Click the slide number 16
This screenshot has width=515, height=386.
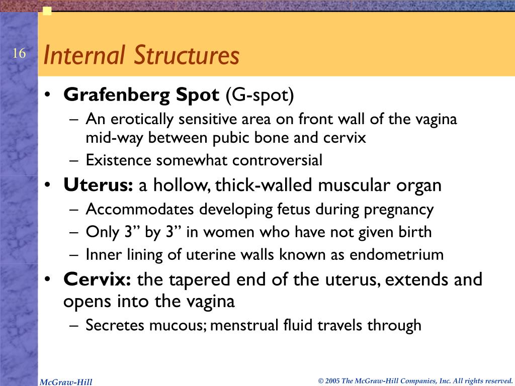[x=19, y=54]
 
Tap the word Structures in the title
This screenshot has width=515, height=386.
[x=186, y=55]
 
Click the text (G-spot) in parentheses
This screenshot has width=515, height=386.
[x=259, y=94]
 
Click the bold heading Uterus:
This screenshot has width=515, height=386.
[x=98, y=185]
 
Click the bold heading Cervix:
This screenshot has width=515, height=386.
[x=97, y=279]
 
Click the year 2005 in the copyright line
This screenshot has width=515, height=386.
[x=332, y=381]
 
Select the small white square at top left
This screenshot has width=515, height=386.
[x=47, y=11]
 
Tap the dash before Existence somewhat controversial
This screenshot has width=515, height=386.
[x=74, y=160]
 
